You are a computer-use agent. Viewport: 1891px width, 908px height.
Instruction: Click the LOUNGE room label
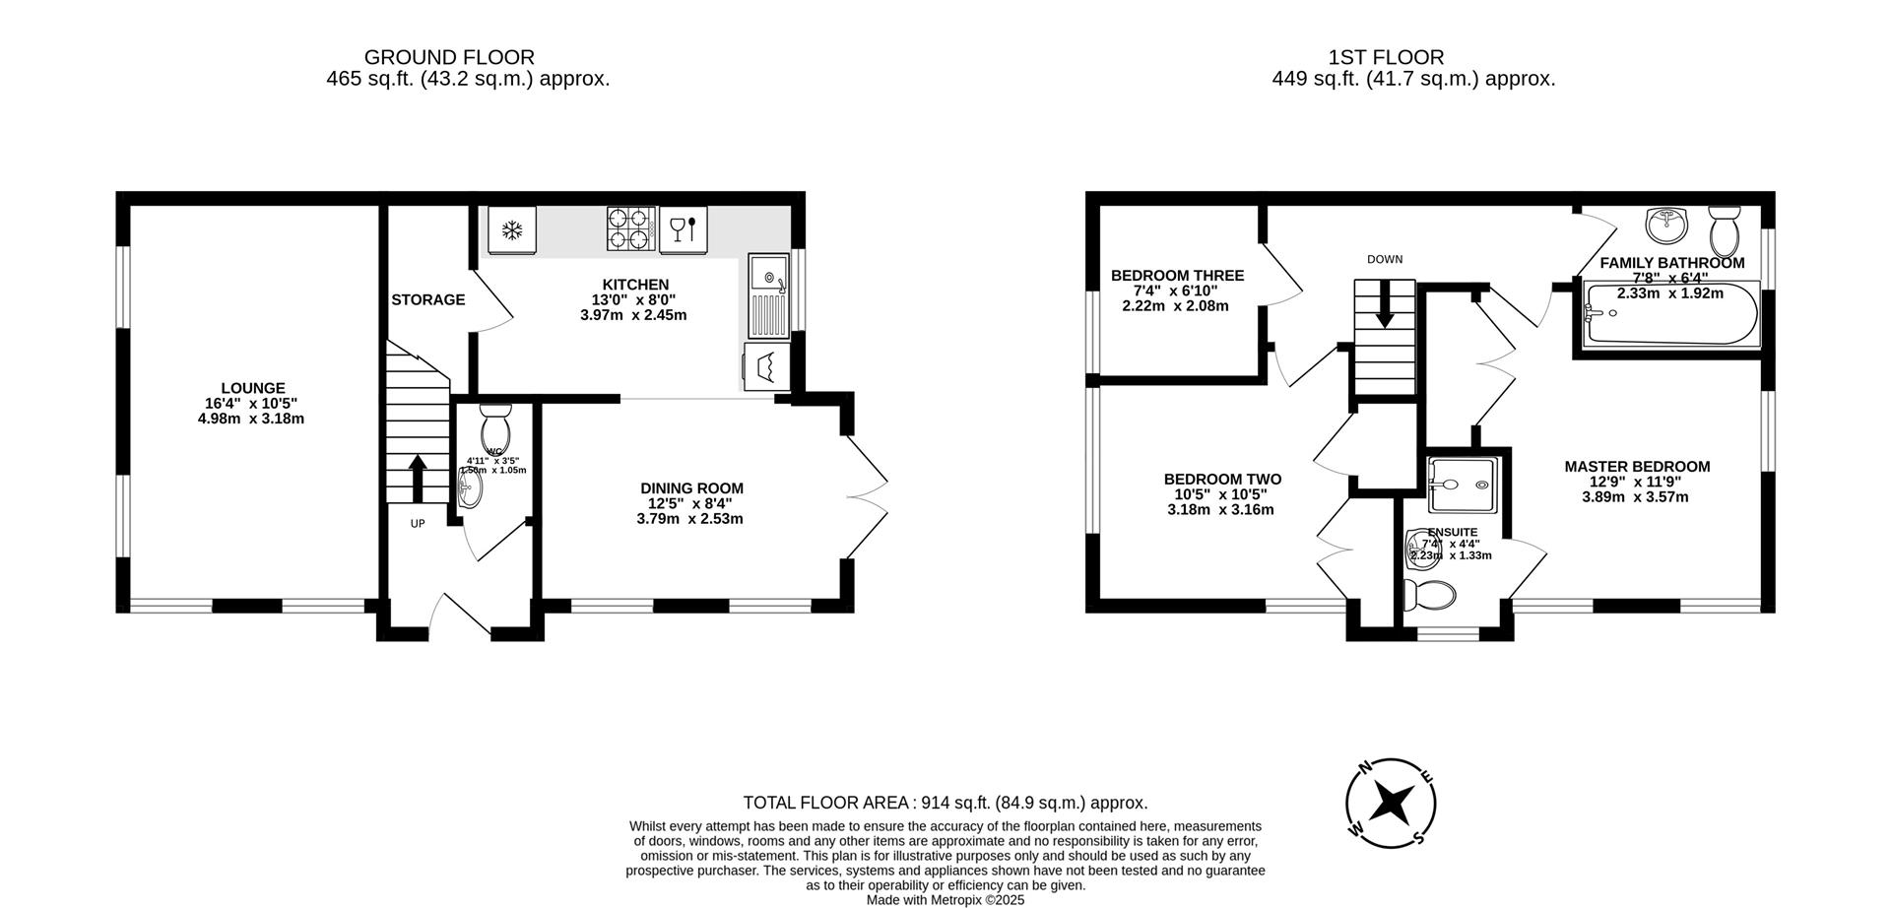pos(252,388)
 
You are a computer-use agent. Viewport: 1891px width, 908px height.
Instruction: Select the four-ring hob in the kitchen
pos(630,228)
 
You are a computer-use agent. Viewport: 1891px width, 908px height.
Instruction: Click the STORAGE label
pos(427,299)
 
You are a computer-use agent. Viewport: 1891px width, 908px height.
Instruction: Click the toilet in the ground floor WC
pos(493,427)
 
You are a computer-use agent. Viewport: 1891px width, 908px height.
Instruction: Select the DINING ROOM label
pos(691,488)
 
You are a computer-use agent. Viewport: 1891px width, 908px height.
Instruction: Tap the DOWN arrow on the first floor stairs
pos(1385,303)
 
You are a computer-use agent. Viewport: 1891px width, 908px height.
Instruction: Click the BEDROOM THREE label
pos(1177,276)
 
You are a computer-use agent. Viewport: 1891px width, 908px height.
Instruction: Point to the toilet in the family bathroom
pos(1725,231)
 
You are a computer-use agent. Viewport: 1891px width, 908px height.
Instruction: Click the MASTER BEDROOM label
pos(1636,467)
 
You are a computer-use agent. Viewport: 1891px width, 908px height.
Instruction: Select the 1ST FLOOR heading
pos(1413,58)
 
